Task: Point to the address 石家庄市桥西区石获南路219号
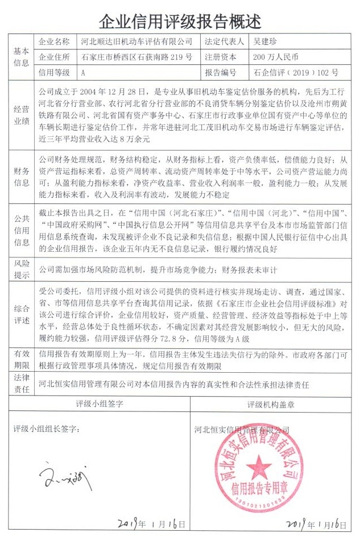coord(136,57)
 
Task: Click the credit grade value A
coord(84,73)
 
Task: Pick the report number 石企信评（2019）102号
coord(296,73)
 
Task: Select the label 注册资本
coord(220,57)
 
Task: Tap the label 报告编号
coord(220,73)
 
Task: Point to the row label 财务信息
coord(21,175)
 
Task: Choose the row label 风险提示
coord(21,270)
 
